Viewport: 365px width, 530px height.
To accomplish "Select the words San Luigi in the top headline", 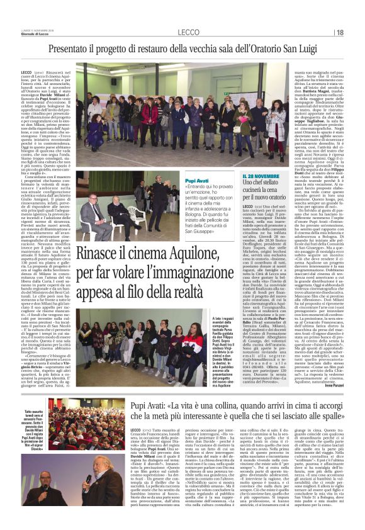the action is (x=297, y=47).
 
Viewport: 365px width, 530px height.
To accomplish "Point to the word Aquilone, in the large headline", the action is (x=206, y=252).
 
